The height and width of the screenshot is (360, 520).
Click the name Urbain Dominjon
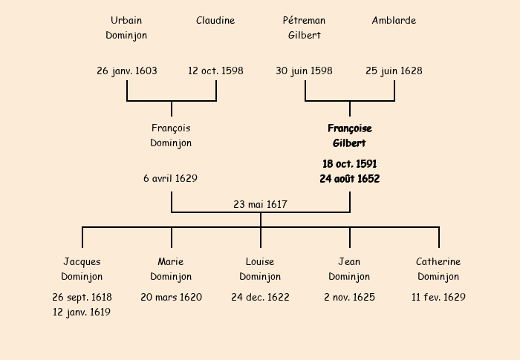[126, 27]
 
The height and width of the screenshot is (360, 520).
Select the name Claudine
[215, 21]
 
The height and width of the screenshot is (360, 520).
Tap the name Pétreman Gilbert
[305, 27]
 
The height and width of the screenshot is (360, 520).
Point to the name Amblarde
[394, 21]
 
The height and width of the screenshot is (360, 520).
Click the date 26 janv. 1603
[127, 71]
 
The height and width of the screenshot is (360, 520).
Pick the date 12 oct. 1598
[215, 71]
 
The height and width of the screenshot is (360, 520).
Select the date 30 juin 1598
[304, 71]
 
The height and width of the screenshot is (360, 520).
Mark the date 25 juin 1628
[394, 71]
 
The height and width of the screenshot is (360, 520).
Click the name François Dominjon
[171, 135]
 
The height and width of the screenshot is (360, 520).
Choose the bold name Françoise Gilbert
[349, 135]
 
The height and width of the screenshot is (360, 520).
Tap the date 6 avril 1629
[171, 179]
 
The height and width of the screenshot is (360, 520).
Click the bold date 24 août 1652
[349, 179]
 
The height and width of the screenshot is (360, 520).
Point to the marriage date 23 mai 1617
[260, 204]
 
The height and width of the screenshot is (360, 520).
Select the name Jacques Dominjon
[82, 269]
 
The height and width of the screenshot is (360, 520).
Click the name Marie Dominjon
[171, 269]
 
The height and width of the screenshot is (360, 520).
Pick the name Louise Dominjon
[260, 269]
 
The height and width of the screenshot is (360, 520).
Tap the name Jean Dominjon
[349, 269]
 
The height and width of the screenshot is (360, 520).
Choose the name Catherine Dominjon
[438, 269]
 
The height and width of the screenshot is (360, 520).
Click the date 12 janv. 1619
[82, 312]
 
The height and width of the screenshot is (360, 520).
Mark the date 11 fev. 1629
[438, 298]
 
